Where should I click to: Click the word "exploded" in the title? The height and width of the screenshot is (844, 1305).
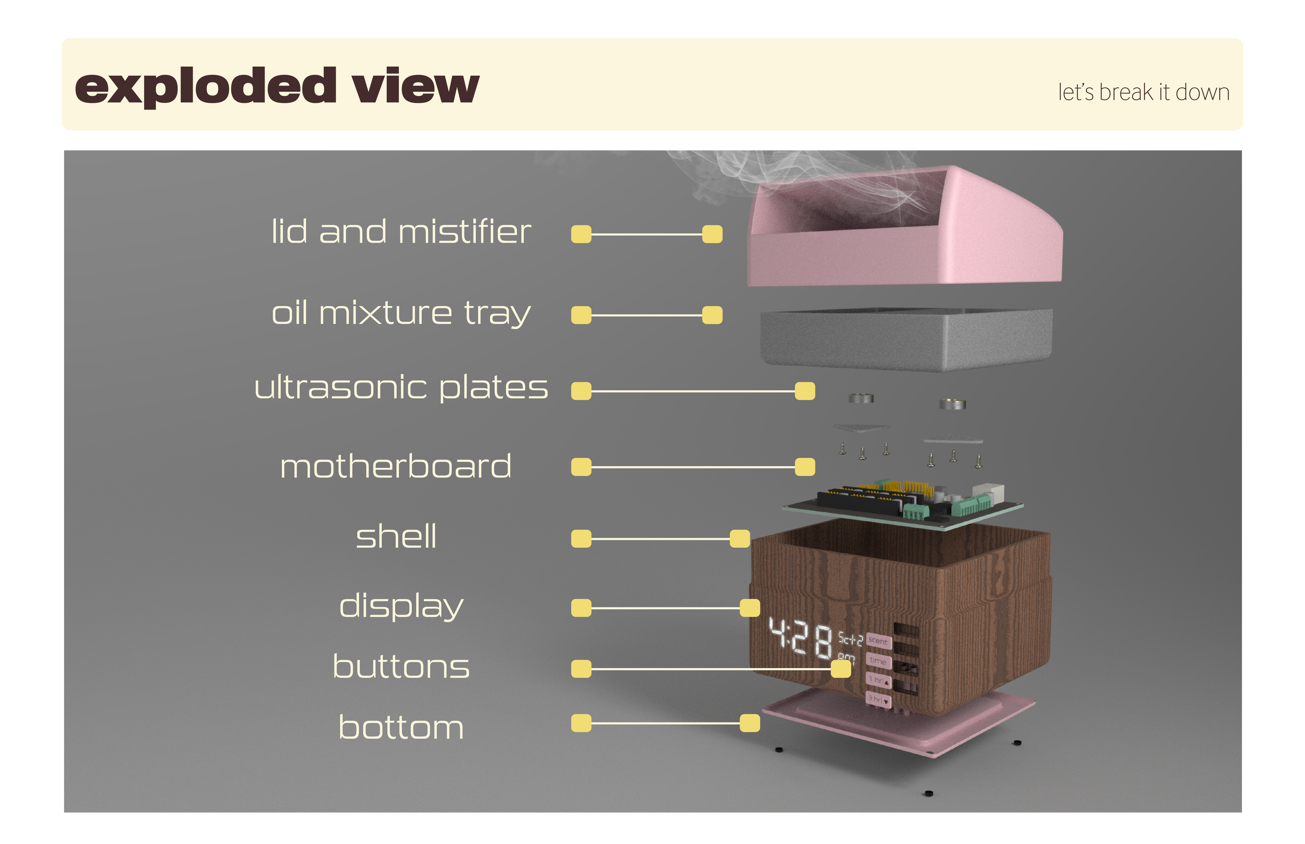[206, 87]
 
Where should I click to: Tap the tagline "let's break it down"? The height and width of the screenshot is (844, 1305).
[1143, 92]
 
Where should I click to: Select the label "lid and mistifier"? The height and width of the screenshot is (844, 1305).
[401, 232]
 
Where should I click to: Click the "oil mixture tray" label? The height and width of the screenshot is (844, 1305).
[401, 314]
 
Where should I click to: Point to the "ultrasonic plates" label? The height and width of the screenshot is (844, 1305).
[401, 388]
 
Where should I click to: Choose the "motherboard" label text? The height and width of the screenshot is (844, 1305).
[395, 466]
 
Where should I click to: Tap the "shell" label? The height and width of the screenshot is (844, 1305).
[396, 537]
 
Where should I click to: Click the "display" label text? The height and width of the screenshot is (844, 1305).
[401, 607]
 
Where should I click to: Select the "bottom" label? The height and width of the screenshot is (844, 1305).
[401, 728]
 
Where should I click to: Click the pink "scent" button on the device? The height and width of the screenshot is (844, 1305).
[878, 641]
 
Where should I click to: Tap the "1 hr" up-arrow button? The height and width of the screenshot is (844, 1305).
[879, 680]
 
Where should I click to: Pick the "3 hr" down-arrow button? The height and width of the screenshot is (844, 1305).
[878, 700]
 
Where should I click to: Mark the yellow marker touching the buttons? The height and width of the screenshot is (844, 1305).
[840, 669]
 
